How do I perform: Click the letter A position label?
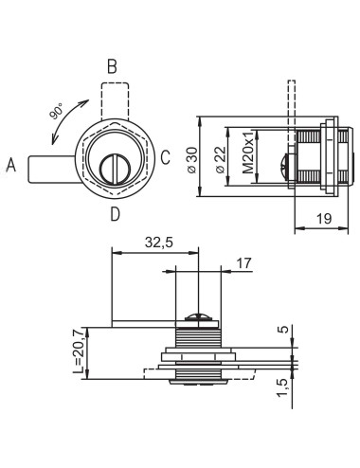(x=11, y=165)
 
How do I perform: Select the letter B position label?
(x=112, y=66)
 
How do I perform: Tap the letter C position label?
(x=166, y=157)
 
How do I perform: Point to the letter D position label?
(x=116, y=214)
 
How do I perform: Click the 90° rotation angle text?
(x=57, y=111)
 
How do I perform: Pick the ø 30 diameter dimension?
(x=192, y=160)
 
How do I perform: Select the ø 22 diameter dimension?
(x=220, y=160)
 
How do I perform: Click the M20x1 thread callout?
(x=248, y=153)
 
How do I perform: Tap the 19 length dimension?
(x=324, y=218)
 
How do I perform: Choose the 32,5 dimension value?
(x=159, y=243)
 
